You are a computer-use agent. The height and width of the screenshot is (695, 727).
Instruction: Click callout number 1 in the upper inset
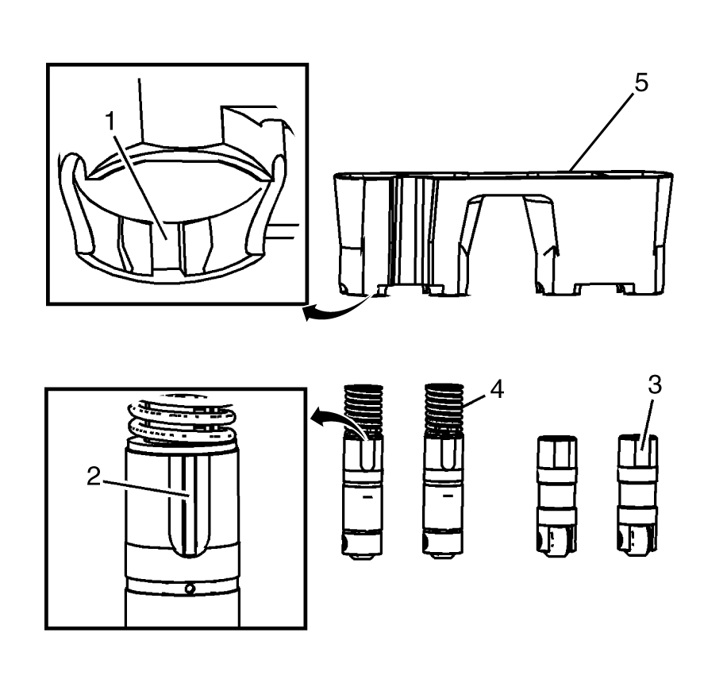pos(110,121)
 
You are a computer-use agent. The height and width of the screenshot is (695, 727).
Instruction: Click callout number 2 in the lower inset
pos(94,477)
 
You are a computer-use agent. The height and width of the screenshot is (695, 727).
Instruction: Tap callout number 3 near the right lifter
pos(654,385)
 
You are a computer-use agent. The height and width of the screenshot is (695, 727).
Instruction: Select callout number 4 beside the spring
pos(496,389)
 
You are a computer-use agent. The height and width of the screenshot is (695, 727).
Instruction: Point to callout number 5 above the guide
pos(641,83)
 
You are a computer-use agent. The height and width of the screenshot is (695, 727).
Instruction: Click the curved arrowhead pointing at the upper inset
pos(310,314)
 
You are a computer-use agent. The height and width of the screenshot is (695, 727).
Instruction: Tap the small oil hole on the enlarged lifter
pos(189,589)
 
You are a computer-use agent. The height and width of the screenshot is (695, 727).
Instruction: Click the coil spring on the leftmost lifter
pos(364,411)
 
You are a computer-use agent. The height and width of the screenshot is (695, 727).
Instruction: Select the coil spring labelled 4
pos(444,409)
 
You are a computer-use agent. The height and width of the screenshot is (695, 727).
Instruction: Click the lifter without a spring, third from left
pos(556,496)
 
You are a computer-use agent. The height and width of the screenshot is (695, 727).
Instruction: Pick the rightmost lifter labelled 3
pos(638,496)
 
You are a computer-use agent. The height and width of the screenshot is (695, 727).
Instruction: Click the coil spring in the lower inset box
pos(181,420)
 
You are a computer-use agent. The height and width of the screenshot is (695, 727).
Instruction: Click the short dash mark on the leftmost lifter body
pos(367,496)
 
